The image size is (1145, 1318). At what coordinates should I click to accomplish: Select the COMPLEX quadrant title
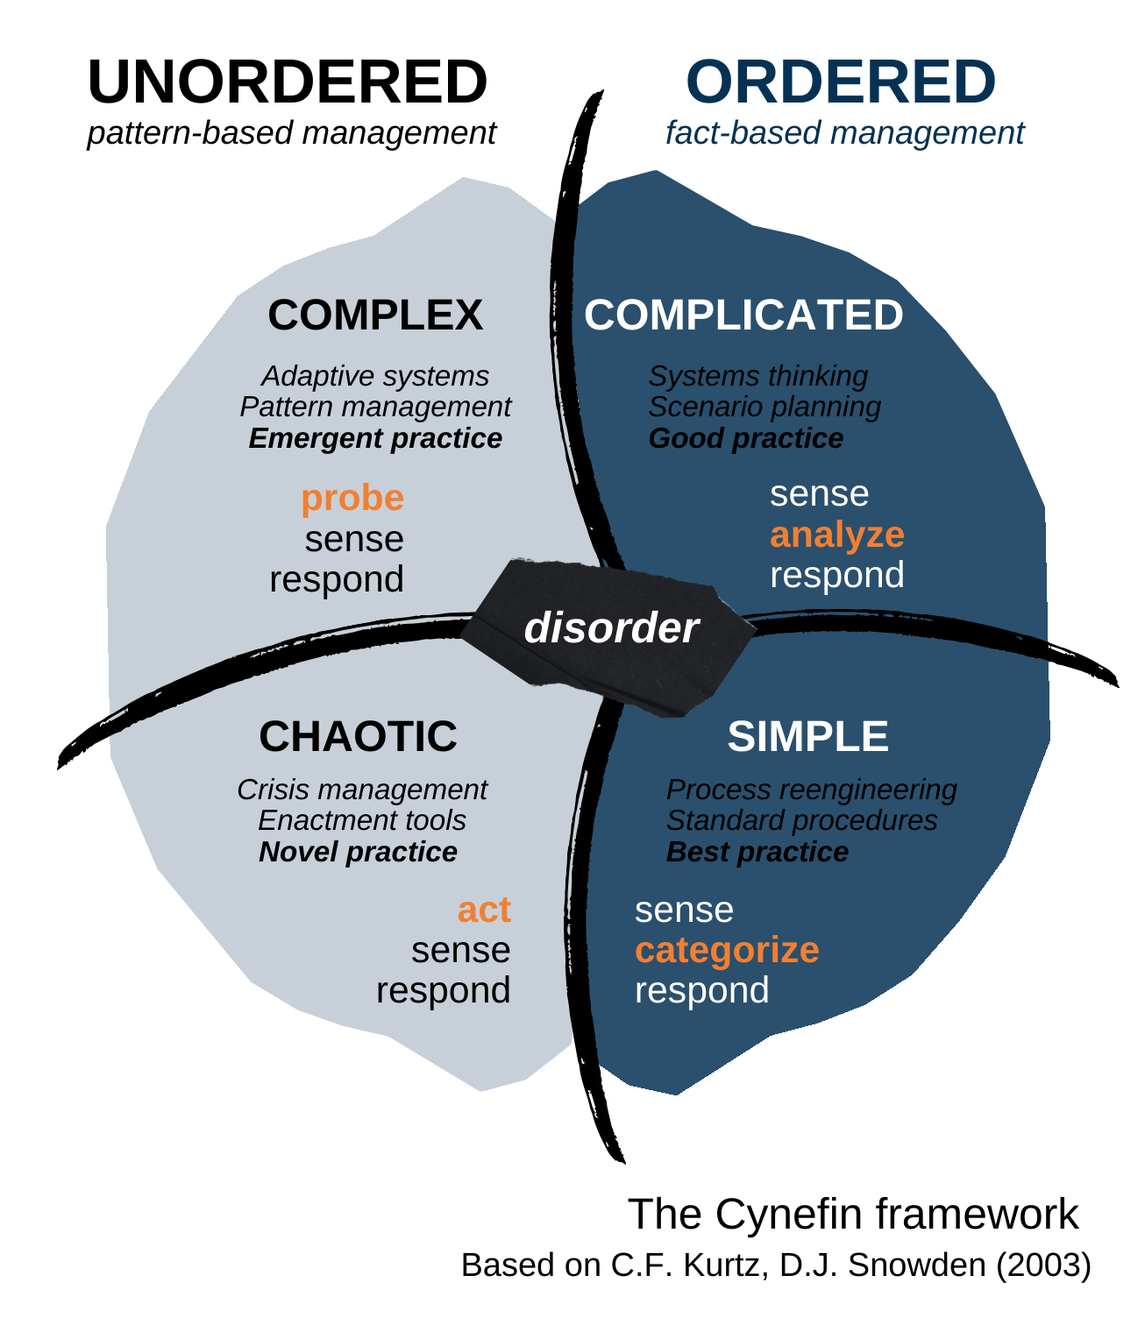coord(375,315)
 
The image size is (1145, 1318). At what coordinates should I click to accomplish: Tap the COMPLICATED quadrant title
coord(743,315)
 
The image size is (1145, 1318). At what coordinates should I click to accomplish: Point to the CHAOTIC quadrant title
coord(358,737)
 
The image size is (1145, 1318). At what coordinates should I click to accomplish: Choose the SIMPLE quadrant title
coord(807,737)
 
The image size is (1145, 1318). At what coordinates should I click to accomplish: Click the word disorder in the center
coord(611,628)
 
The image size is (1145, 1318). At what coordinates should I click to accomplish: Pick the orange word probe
coord(352,498)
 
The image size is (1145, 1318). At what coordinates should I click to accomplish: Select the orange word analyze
coord(837,535)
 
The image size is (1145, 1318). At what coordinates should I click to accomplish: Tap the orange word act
coord(484,910)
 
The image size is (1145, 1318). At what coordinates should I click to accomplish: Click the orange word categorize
coord(727,950)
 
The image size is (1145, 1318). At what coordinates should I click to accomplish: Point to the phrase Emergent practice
coord(375,438)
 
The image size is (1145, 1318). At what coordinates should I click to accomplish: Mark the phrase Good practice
coord(746,438)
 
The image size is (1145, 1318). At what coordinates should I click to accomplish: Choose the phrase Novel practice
coord(358,852)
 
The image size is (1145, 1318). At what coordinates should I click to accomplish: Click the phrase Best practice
coord(757,852)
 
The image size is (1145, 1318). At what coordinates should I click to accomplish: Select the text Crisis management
coord(361,790)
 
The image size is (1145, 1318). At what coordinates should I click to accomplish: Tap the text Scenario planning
coord(765,407)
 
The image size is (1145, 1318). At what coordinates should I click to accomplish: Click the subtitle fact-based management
coord(844,133)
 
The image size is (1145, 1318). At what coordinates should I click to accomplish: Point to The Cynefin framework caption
coord(853,1215)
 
